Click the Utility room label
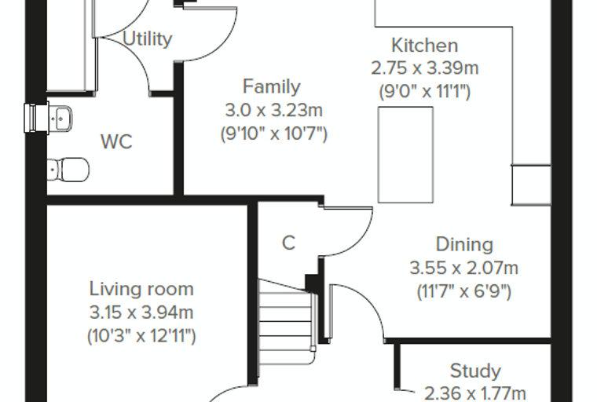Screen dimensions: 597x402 [x=148, y=39]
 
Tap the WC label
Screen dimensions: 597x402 [x=116, y=141]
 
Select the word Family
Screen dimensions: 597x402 [x=272, y=87]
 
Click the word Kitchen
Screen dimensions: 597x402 [x=424, y=46]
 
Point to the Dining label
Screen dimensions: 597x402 [x=464, y=244]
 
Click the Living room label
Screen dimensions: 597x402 [x=141, y=289]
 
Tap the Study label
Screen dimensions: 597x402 [x=475, y=371]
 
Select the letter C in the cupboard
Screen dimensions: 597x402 [x=288, y=243]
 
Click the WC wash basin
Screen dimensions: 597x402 [x=60, y=119]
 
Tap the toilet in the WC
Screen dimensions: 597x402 [x=68, y=170]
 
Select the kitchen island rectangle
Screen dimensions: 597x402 [x=405, y=155]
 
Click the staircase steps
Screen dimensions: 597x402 [x=286, y=322]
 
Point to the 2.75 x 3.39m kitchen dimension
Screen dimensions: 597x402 [x=424, y=68]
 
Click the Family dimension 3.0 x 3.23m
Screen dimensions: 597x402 [x=273, y=111]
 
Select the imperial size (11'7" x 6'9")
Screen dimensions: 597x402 [x=463, y=291]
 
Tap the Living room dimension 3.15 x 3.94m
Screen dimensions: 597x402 [x=141, y=312]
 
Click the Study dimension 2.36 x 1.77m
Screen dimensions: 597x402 [x=474, y=393]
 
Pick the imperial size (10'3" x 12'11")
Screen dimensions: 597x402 [x=141, y=336]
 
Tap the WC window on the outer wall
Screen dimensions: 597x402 [x=36, y=119]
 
